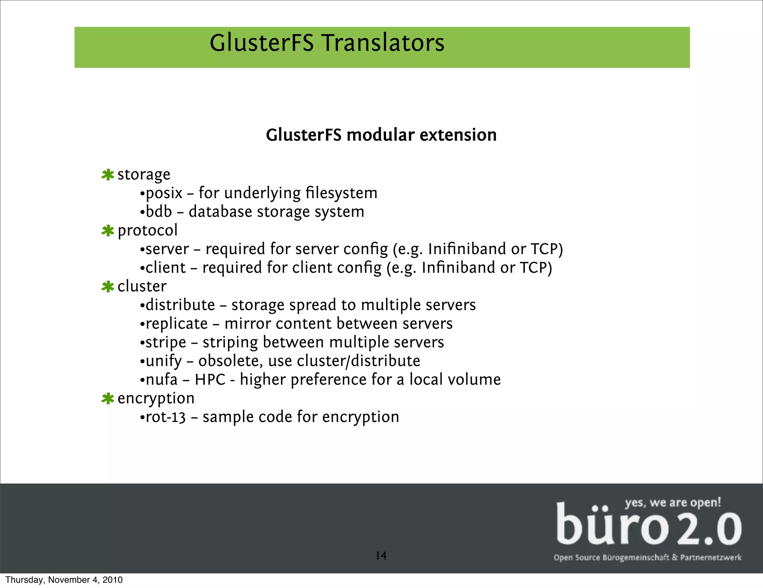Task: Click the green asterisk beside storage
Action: [x=108, y=175]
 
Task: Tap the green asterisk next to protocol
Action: [x=108, y=231]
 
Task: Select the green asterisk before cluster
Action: [x=108, y=287]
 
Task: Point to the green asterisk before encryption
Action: [x=108, y=398]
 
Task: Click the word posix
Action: [x=164, y=194]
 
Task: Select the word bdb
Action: [x=159, y=212]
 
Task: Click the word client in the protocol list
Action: [x=165, y=268]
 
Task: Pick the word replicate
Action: [x=177, y=324]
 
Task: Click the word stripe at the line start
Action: [x=166, y=343]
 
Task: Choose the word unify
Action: [x=164, y=361]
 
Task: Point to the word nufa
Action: [x=162, y=380]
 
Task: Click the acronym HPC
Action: [x=210, y=380]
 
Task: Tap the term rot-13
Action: [x=166, y=417]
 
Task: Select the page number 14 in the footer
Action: [x=381, y=556]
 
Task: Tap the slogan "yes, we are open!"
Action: [x=673, y=503]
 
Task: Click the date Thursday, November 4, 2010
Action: [x=64, y=580]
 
